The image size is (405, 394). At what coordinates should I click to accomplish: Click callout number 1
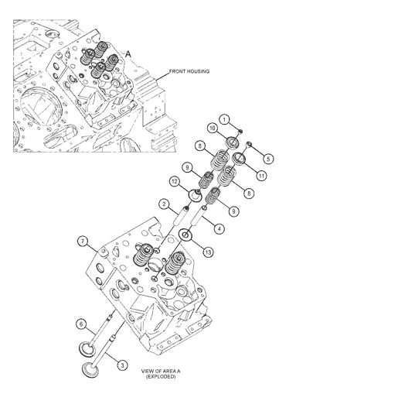pyautogui.click(x=223, y=118)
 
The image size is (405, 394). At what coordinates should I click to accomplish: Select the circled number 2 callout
pyautogui.click(x=164, y=204)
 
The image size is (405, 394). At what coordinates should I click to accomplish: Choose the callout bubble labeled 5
pyautogui.click(x=268, y=159)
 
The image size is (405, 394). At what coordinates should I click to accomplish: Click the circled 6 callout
pyautogui.click(x=80, y=323)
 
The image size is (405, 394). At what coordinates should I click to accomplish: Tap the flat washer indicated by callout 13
pyautogui.click(x=186, y=235)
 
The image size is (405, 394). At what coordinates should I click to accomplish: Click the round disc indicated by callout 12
pyautogui.click(x=196, y=194)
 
